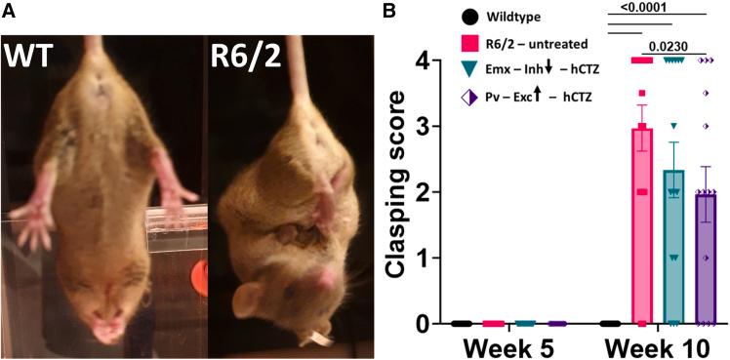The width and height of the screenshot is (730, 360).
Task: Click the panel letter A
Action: [8, 10]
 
